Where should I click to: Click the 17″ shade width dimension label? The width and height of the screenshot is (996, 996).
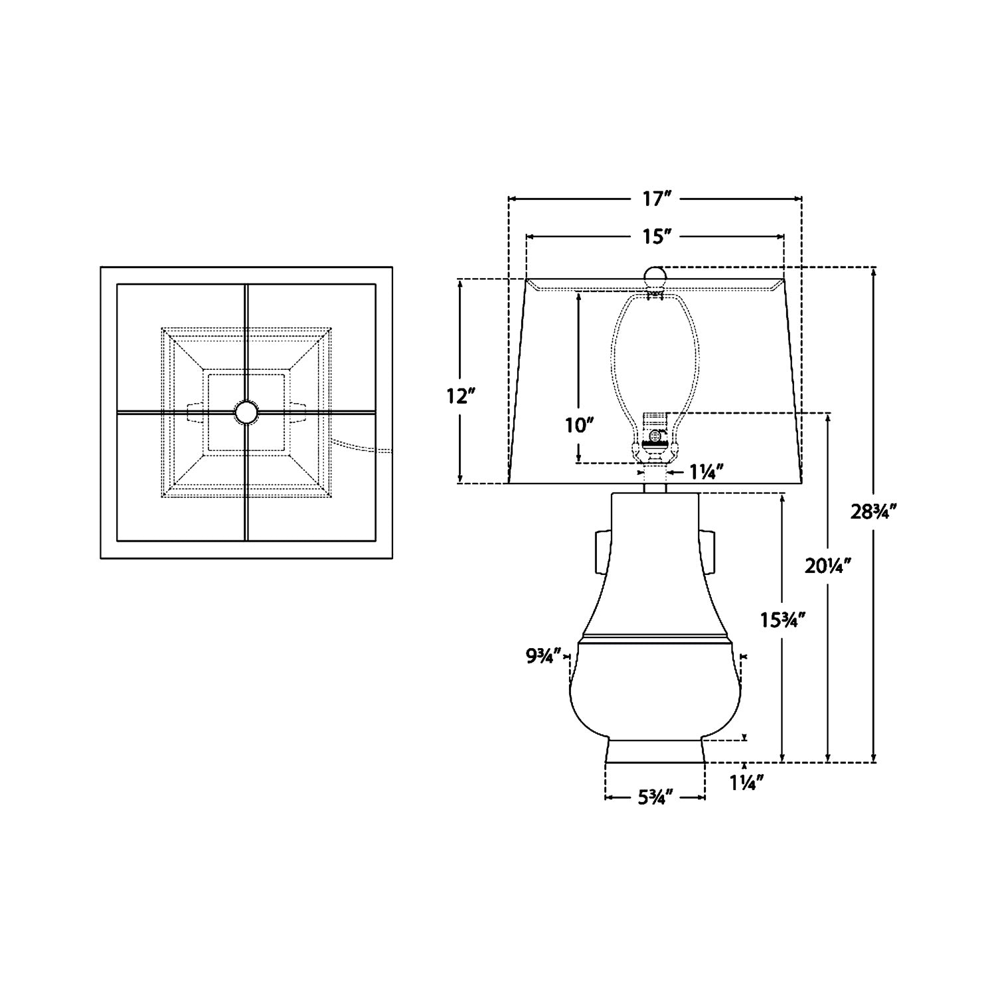click(x=655, y=199)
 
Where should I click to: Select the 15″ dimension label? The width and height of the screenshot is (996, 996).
click(x=655, y=236)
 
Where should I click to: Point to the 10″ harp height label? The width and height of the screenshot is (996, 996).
click(x=578, y=426)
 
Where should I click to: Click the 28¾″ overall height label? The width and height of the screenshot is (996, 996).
click(x=875, y=511)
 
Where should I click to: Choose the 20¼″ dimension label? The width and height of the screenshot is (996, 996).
click(x=828, y=566)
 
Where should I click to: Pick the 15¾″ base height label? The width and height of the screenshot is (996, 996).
click(x=784, y=620)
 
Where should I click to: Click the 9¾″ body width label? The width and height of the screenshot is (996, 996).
click(x=544, y=656)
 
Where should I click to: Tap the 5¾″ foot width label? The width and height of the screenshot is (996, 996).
click(x=656, y=797)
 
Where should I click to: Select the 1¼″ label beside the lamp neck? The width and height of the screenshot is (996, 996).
click(x=705, y=472)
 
